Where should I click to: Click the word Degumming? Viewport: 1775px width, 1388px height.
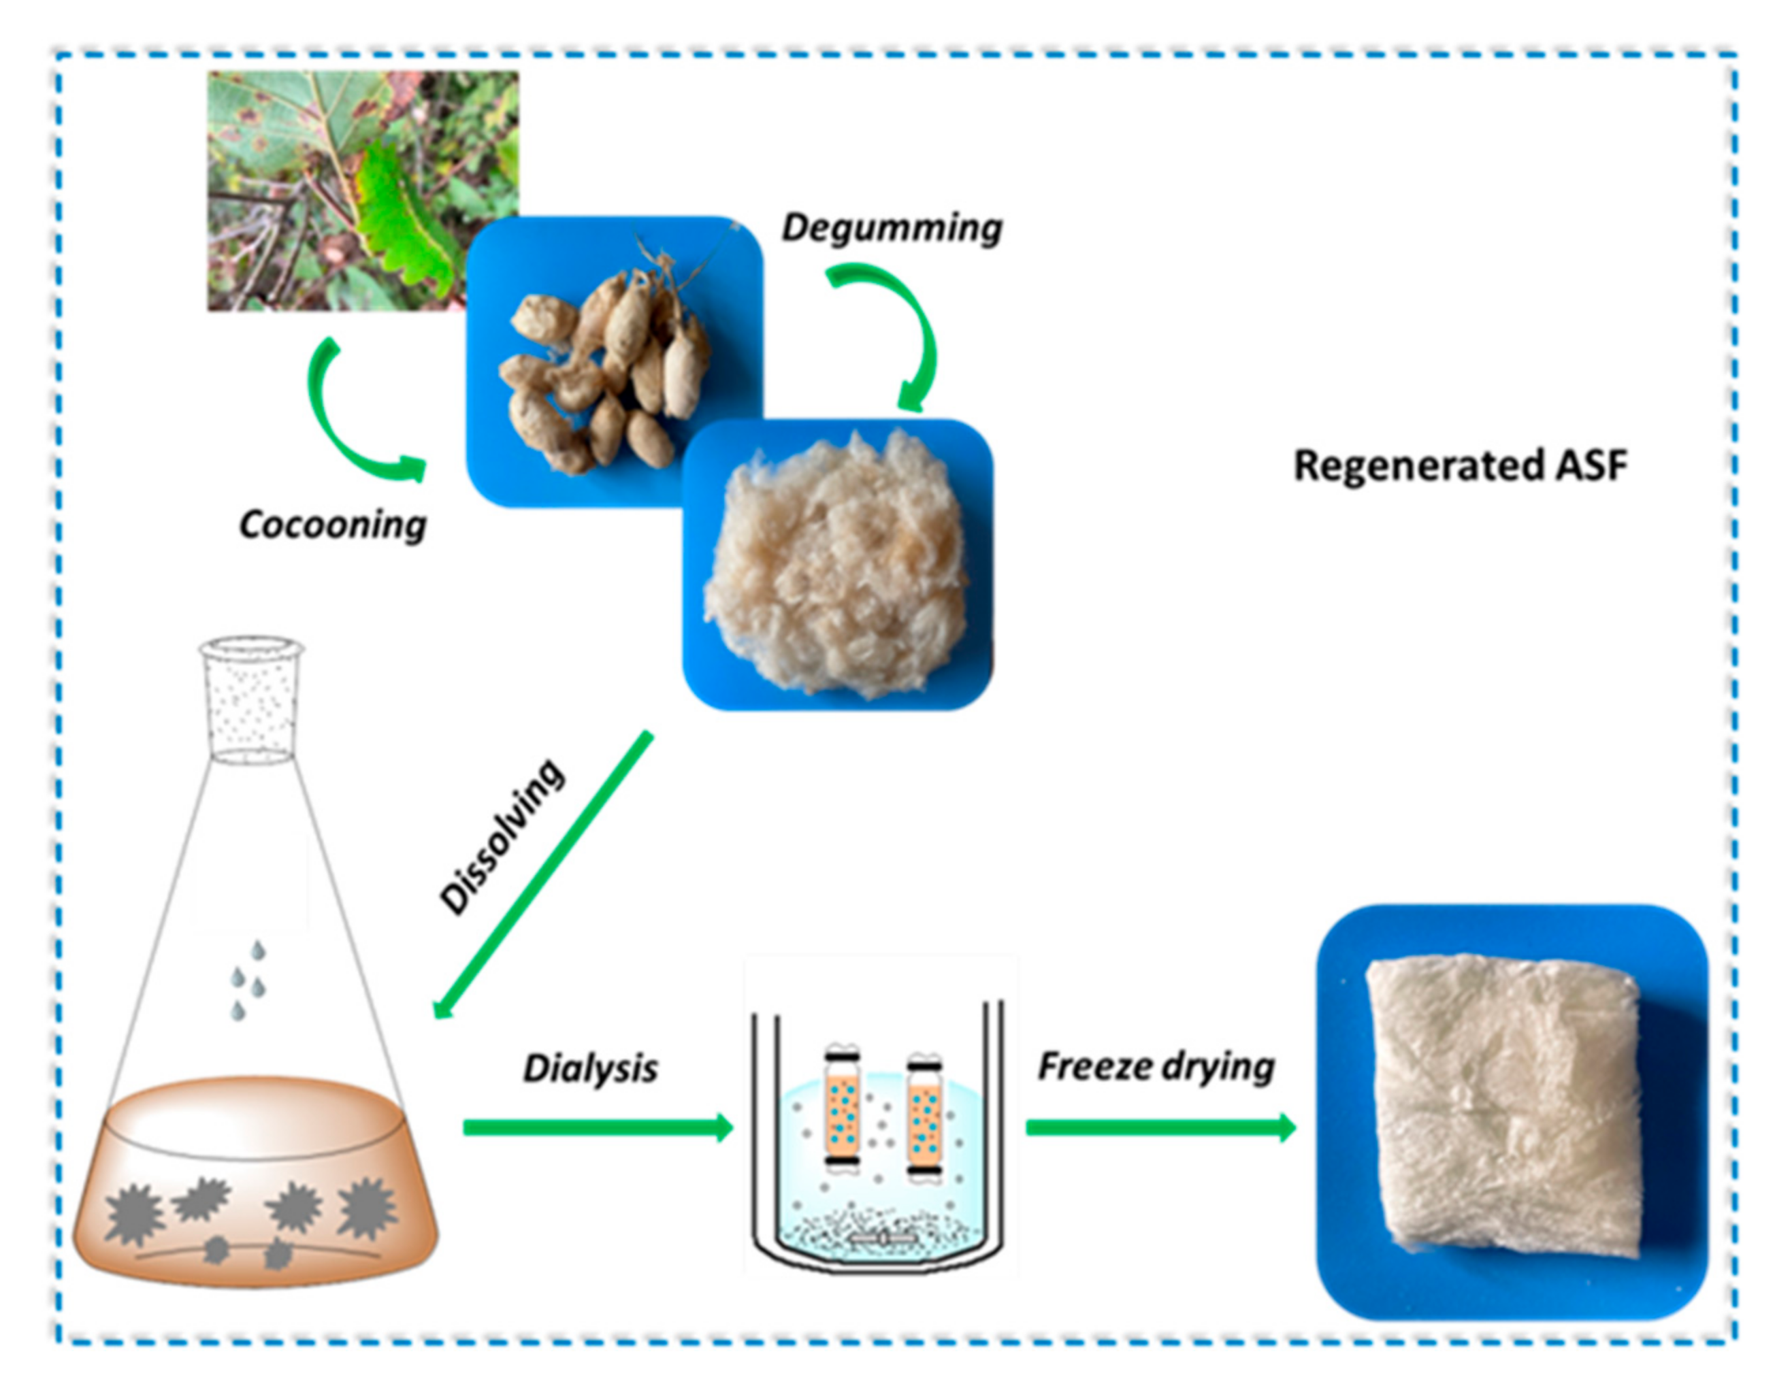click(892, 227)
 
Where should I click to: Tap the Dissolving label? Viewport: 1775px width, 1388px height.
click(502, 836)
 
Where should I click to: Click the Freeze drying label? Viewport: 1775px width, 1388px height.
click(1156, 1066)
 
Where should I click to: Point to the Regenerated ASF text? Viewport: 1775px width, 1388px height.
click(1461, 465)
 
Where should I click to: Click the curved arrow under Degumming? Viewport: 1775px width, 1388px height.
click(909, 325)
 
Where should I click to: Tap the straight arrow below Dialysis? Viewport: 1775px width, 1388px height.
click(598, 1127)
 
